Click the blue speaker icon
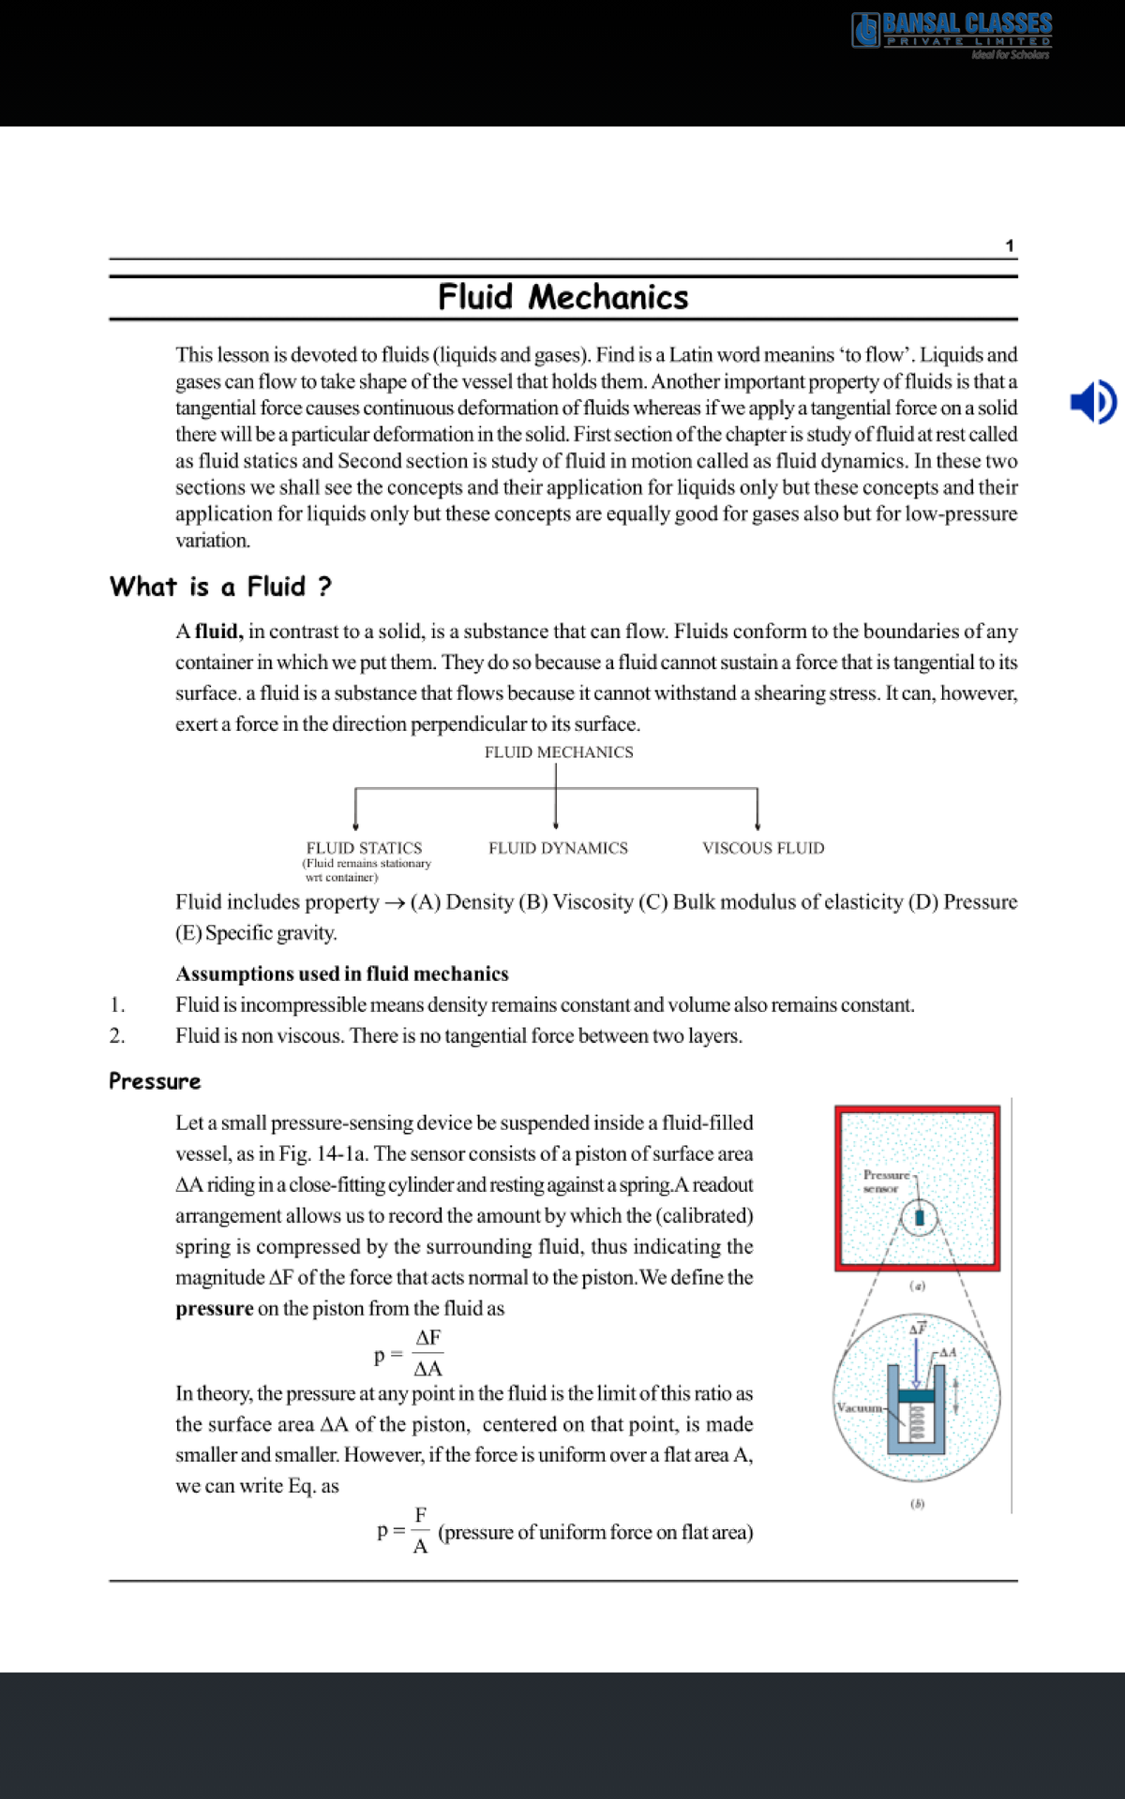1092,402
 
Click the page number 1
1010,245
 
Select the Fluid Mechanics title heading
562,297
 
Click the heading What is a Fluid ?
220,587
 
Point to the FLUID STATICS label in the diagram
364,848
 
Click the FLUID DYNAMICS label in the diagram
558,848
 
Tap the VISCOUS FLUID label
763,848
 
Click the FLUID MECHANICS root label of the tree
559,752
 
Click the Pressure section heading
155,1081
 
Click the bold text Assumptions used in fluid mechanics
342,974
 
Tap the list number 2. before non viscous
117,1036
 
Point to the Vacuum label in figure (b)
859,1407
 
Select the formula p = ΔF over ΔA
410,1353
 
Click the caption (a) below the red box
918,1286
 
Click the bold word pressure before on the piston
214,1309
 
